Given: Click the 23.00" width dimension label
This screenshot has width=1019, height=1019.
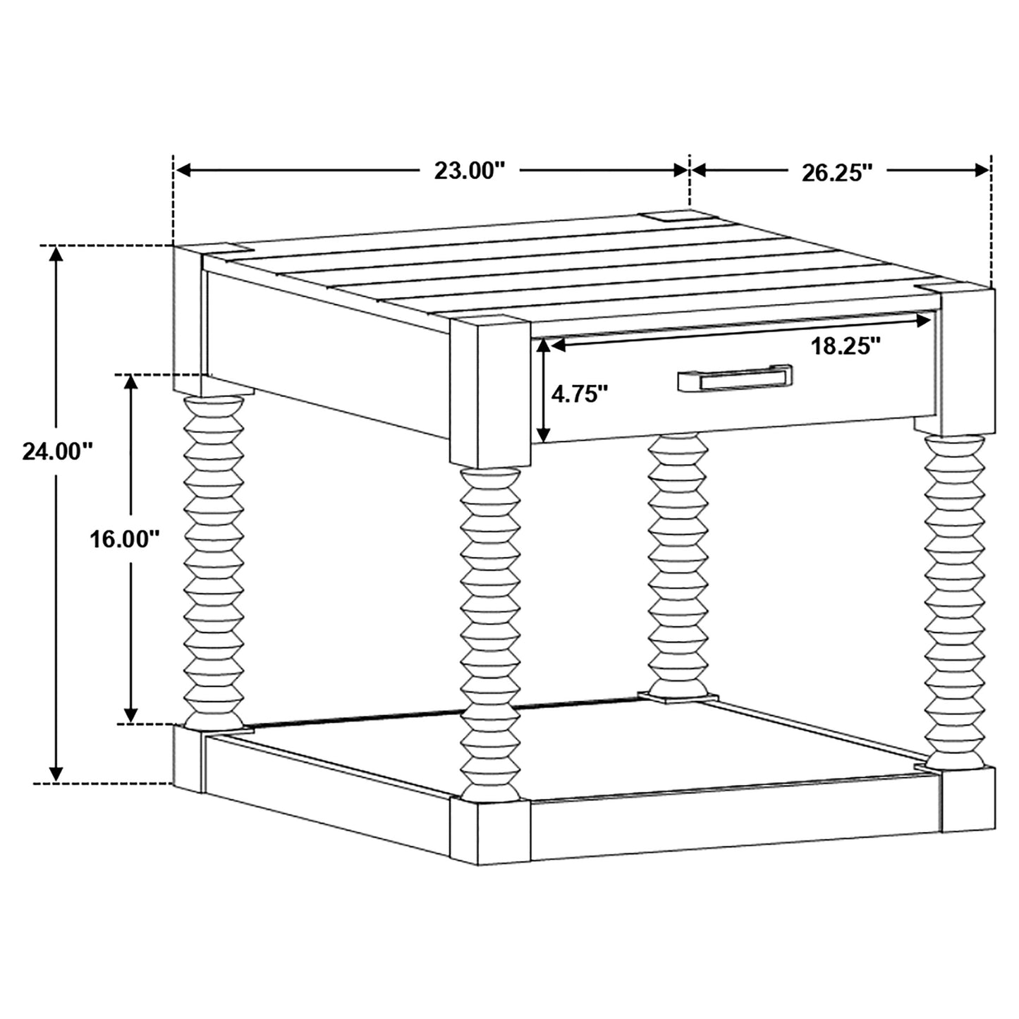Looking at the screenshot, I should pos(470,171).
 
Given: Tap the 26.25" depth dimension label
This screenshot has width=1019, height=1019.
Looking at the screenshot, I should pos(837,173).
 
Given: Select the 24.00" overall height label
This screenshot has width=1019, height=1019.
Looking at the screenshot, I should pos(58,451).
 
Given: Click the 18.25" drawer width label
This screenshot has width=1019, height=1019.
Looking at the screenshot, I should pos(846,346).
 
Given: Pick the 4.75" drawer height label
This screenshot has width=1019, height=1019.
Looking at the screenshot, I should pos(579,393).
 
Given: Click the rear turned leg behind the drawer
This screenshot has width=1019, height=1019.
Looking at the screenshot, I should pos(677,564).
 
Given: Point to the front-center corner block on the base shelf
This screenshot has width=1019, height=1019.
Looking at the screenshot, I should pos(490,831).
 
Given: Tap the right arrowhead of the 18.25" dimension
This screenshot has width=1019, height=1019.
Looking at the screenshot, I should pos(923,321).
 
